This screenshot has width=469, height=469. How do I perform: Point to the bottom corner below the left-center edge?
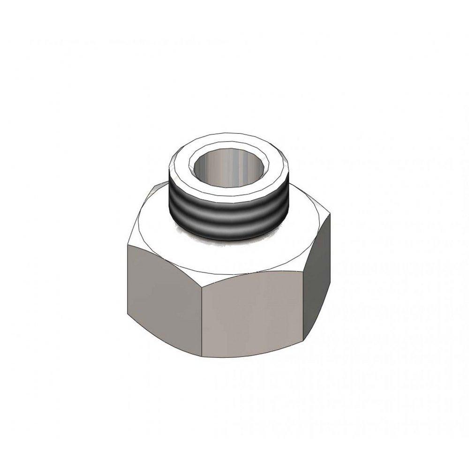point(202,355)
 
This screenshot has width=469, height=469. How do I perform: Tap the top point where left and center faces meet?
point(201,275)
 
